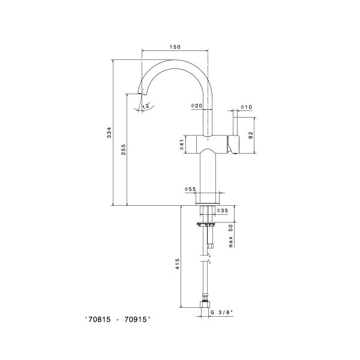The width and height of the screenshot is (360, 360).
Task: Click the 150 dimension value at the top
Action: point(175,47)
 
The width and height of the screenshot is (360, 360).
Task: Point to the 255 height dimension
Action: point(124,150)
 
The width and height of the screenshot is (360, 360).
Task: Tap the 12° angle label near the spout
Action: point(145,106)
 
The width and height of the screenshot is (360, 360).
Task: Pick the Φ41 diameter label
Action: point(181,145)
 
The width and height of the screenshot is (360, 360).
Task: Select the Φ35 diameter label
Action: point(222,211)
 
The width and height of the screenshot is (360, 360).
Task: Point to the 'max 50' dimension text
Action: point(230,235)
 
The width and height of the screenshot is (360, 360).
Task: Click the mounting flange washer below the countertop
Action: point(207,224)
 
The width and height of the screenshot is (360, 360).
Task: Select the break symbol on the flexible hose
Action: point(208,259)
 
